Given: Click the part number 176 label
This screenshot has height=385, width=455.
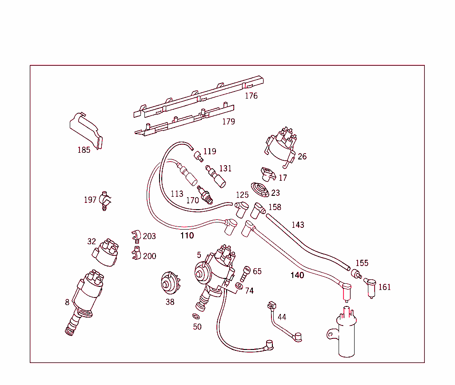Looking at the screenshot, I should (251, 96).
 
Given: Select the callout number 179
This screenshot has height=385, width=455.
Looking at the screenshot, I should (228, 122).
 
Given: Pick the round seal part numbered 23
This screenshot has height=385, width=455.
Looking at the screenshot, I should (259, 189).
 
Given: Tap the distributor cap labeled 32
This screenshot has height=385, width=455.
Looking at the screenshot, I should (105, 253).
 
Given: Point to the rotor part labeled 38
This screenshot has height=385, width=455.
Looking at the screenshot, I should (170, 283).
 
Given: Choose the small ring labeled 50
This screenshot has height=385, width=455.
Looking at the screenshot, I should (196, 316).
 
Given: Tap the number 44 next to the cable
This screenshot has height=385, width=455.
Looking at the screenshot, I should (282, 317).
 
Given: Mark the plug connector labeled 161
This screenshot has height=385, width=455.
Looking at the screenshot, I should (370, 286).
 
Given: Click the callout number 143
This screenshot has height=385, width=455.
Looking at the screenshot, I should (298, 225).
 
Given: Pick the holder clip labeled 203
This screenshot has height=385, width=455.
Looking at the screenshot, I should (136, 235).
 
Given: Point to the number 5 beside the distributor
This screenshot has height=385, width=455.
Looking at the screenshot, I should (199, 255).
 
